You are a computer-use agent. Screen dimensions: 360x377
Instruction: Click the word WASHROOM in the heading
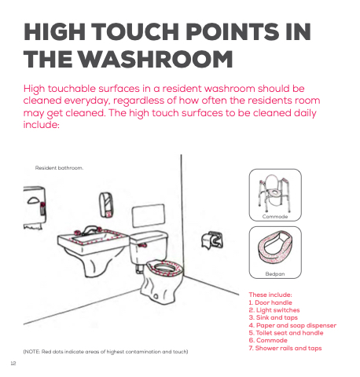[x=156, y=59]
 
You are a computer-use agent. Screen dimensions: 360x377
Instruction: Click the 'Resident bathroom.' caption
[x=59, y=168]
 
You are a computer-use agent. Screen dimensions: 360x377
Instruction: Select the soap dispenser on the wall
[x=106, y=205]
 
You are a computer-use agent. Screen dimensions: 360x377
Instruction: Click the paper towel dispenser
[x=35, y=207]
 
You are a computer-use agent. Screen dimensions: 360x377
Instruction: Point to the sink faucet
[x=89, y=230]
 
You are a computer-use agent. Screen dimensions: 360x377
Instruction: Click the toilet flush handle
[x=142, y=245]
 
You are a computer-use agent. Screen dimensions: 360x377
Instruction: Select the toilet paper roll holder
[x=212, y=240]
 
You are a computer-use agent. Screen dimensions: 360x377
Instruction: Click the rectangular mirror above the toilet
[x=149, y=215]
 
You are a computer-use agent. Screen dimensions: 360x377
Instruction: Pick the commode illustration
[x=275, y=193]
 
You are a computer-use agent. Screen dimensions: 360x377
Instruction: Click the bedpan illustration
[x=275, y=247]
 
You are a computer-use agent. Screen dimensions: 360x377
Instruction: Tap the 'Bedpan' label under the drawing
[x=275, y=274]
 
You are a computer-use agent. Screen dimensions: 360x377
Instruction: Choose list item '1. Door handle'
[x=270, y=302]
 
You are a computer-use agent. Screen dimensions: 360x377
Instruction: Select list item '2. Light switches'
[x=274, y=310]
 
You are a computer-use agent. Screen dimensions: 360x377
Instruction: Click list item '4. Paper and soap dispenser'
[x=292, y=325]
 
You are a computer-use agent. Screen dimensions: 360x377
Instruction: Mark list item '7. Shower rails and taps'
[x=285, y=348]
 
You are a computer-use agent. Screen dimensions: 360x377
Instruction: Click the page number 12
[x=13, y=364]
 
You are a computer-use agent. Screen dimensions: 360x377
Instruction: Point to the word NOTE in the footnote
[x=32, y=352]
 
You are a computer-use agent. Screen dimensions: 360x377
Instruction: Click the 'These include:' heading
[x=270, y=295]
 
